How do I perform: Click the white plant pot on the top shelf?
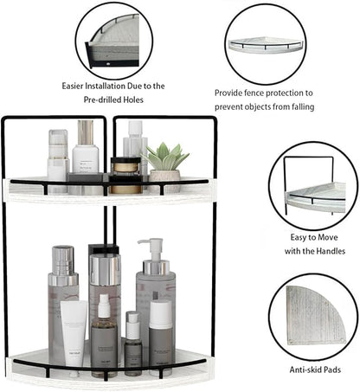(165, 178)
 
